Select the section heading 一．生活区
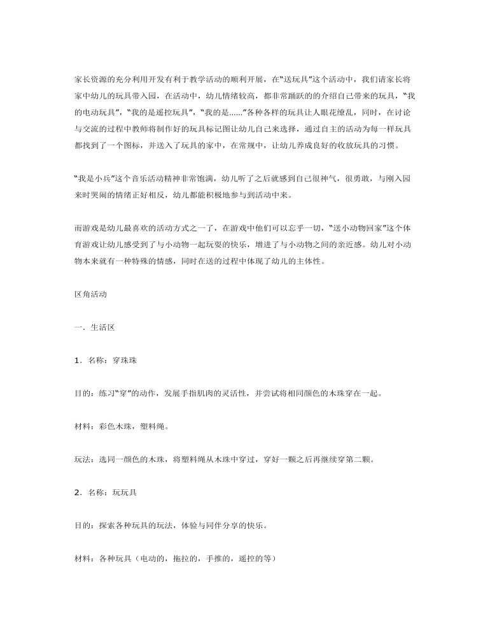pos(94,327)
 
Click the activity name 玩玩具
pos(123,492)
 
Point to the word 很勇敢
pos(356,178)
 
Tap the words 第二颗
pos(353,459)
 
